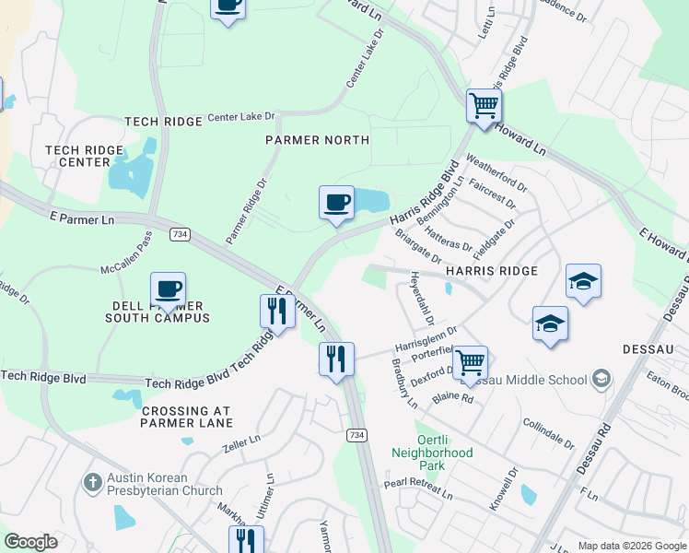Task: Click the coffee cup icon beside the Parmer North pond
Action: point(336,202)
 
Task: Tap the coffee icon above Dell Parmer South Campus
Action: point(168,288)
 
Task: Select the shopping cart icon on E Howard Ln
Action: point(483,105)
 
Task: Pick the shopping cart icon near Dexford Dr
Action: point(470,363)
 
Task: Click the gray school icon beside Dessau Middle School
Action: point(601,379)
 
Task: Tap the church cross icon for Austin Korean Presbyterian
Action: point(92,482)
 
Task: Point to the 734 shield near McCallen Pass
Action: point(180,235)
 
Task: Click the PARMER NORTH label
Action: point(317,140)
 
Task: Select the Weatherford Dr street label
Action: point(497,171)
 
